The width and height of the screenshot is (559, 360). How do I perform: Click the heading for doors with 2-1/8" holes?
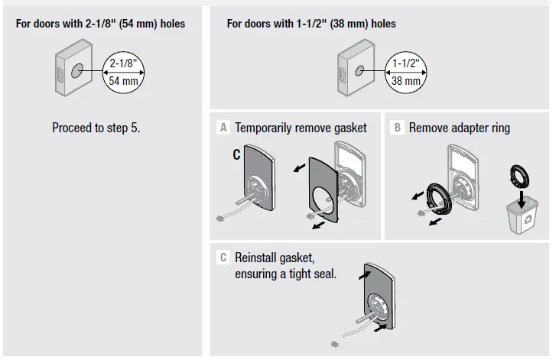[100, 24]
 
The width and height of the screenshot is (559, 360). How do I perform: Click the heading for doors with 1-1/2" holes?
[311, 24]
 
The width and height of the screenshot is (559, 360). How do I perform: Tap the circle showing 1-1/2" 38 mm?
[405, 72]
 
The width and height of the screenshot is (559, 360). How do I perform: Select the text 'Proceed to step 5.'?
[96, 128]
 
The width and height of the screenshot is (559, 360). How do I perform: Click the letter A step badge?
[223, 128]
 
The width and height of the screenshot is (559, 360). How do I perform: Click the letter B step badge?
[397, 128]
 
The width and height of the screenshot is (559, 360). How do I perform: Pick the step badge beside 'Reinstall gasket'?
[223, 258]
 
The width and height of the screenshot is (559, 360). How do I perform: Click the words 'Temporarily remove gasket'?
[301, 128]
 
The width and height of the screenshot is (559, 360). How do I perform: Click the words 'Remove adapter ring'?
[459, 128]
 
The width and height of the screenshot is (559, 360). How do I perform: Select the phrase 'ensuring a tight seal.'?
[285, 274]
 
